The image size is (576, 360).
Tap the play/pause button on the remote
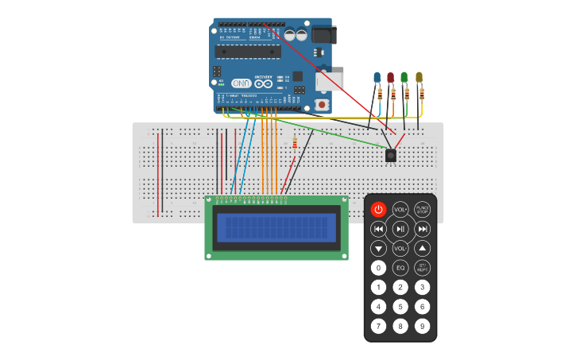click(400, 229)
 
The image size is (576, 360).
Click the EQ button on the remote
click(400, 268)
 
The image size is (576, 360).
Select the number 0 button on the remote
click(378, 268)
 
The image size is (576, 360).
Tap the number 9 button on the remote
click(423, 326)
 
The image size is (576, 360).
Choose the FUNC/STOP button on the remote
click(423, 209)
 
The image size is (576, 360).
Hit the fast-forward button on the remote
click(423, 229)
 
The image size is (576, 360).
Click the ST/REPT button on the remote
click(423, 268)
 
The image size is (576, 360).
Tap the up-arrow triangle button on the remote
click(423, 248)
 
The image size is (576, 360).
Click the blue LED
click(377, 78)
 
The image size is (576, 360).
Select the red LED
click(390, 78)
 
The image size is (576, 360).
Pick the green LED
click(404, 78)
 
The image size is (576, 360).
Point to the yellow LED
click(419, 78)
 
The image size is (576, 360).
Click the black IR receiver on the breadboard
click(391, 156)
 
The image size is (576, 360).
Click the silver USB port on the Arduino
click(328, 81)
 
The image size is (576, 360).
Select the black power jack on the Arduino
click(323, 34)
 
